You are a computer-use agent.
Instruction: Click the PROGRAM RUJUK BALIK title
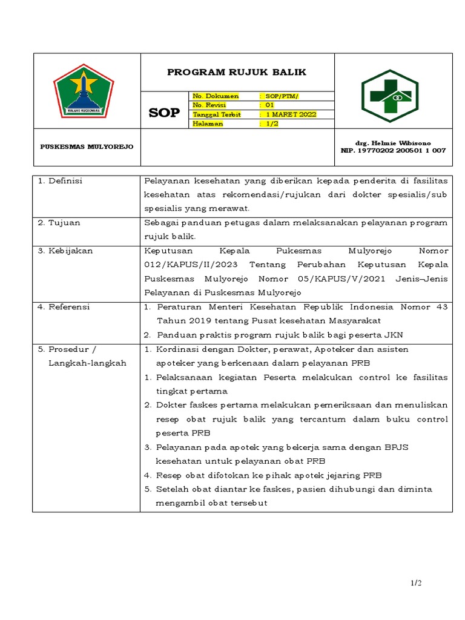tap(237, 73)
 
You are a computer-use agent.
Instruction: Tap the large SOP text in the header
tap(164, 113)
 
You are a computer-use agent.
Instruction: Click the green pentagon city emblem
tap(83, 91)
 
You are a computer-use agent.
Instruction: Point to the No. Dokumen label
tap(216, 96)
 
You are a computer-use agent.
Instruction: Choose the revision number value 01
tap(270, 105)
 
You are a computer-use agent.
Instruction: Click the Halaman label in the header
tap(208, 124)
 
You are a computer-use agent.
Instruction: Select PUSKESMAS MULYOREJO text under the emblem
tap(87, 147)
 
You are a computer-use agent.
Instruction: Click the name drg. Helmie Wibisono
tap(394, 143)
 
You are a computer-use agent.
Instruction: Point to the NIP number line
tap(394, 150)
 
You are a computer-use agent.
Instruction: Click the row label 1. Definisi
tap(60, 182)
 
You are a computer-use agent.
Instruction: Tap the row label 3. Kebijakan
tap(65, 251)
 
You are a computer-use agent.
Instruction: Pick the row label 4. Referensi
tap(64, 307)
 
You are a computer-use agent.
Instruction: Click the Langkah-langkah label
tap(87, 363)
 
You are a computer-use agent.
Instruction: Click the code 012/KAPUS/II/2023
tap(185, 265)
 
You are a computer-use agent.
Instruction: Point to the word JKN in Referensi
tap(395, 335)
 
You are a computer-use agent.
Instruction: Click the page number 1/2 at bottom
tap(415, 583)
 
